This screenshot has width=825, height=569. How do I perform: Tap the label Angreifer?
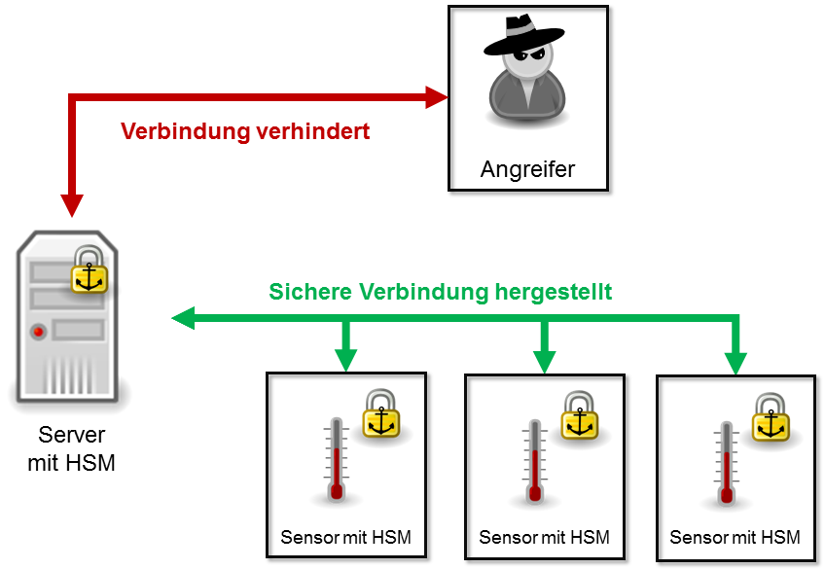(527, 169)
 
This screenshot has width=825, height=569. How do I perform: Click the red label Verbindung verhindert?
(245, 131)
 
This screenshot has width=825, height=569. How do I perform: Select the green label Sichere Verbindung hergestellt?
(441, 292)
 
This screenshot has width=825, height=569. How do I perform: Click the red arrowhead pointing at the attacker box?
(437, 97)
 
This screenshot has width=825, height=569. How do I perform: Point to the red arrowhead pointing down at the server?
(72, 205)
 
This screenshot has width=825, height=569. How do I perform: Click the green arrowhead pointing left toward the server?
(183, 318)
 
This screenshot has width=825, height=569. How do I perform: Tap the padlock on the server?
(90, 269)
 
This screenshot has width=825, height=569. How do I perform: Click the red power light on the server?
(38, 332)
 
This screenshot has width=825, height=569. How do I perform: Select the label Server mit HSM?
(72, 448)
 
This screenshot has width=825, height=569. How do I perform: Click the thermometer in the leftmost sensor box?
(337, 458)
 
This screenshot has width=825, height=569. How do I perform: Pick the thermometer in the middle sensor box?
(534, 461)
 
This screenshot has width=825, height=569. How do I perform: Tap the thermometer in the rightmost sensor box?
(727, 462)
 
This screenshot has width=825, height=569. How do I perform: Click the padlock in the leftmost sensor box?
(381, 413)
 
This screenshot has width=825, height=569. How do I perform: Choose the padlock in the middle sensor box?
(580, 415)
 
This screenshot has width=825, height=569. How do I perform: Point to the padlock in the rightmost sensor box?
(771, 417)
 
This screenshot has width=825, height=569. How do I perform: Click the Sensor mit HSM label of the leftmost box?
(345, 538)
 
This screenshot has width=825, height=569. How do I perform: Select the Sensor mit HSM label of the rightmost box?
(735, 538)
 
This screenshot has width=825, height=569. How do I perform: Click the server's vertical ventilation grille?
(68, 374)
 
